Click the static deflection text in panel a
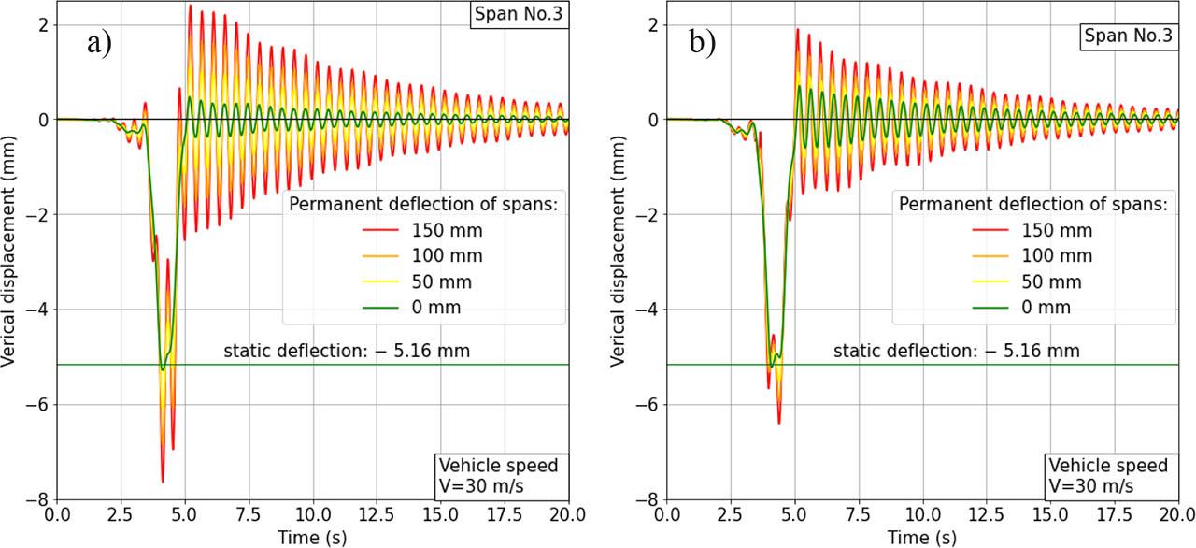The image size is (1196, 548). click(347, 351)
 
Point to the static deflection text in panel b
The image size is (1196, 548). click(957, 351)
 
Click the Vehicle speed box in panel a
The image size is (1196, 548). click(499, 475)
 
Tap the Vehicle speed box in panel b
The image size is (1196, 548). click(1109, 475)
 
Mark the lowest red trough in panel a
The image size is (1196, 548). click(163, 482)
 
